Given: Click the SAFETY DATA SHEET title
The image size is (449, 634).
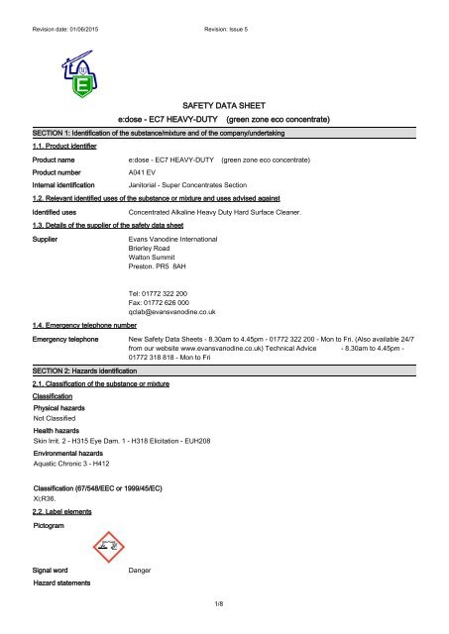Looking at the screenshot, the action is coord(223,103).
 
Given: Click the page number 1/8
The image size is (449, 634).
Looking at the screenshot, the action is coord(224,627).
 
